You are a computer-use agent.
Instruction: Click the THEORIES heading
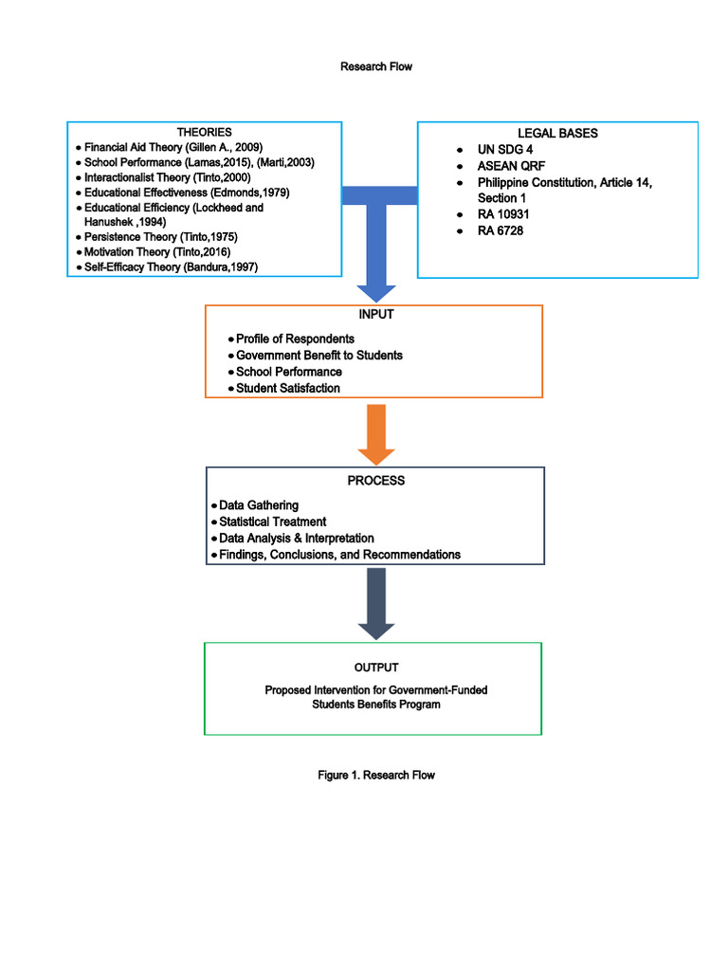point(204,132)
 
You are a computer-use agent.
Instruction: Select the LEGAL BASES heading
point(557,134)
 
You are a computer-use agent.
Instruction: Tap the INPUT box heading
point(374,315)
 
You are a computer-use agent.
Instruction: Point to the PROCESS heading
point(375,481)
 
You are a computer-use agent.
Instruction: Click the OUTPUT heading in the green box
point(376,668)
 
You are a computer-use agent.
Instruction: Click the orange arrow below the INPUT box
point(376,433)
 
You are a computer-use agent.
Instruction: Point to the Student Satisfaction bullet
point(287,388)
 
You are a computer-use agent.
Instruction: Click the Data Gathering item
point(258,505)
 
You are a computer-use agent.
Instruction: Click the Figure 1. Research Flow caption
point(376,776)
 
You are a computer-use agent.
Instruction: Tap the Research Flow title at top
point(376,67)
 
